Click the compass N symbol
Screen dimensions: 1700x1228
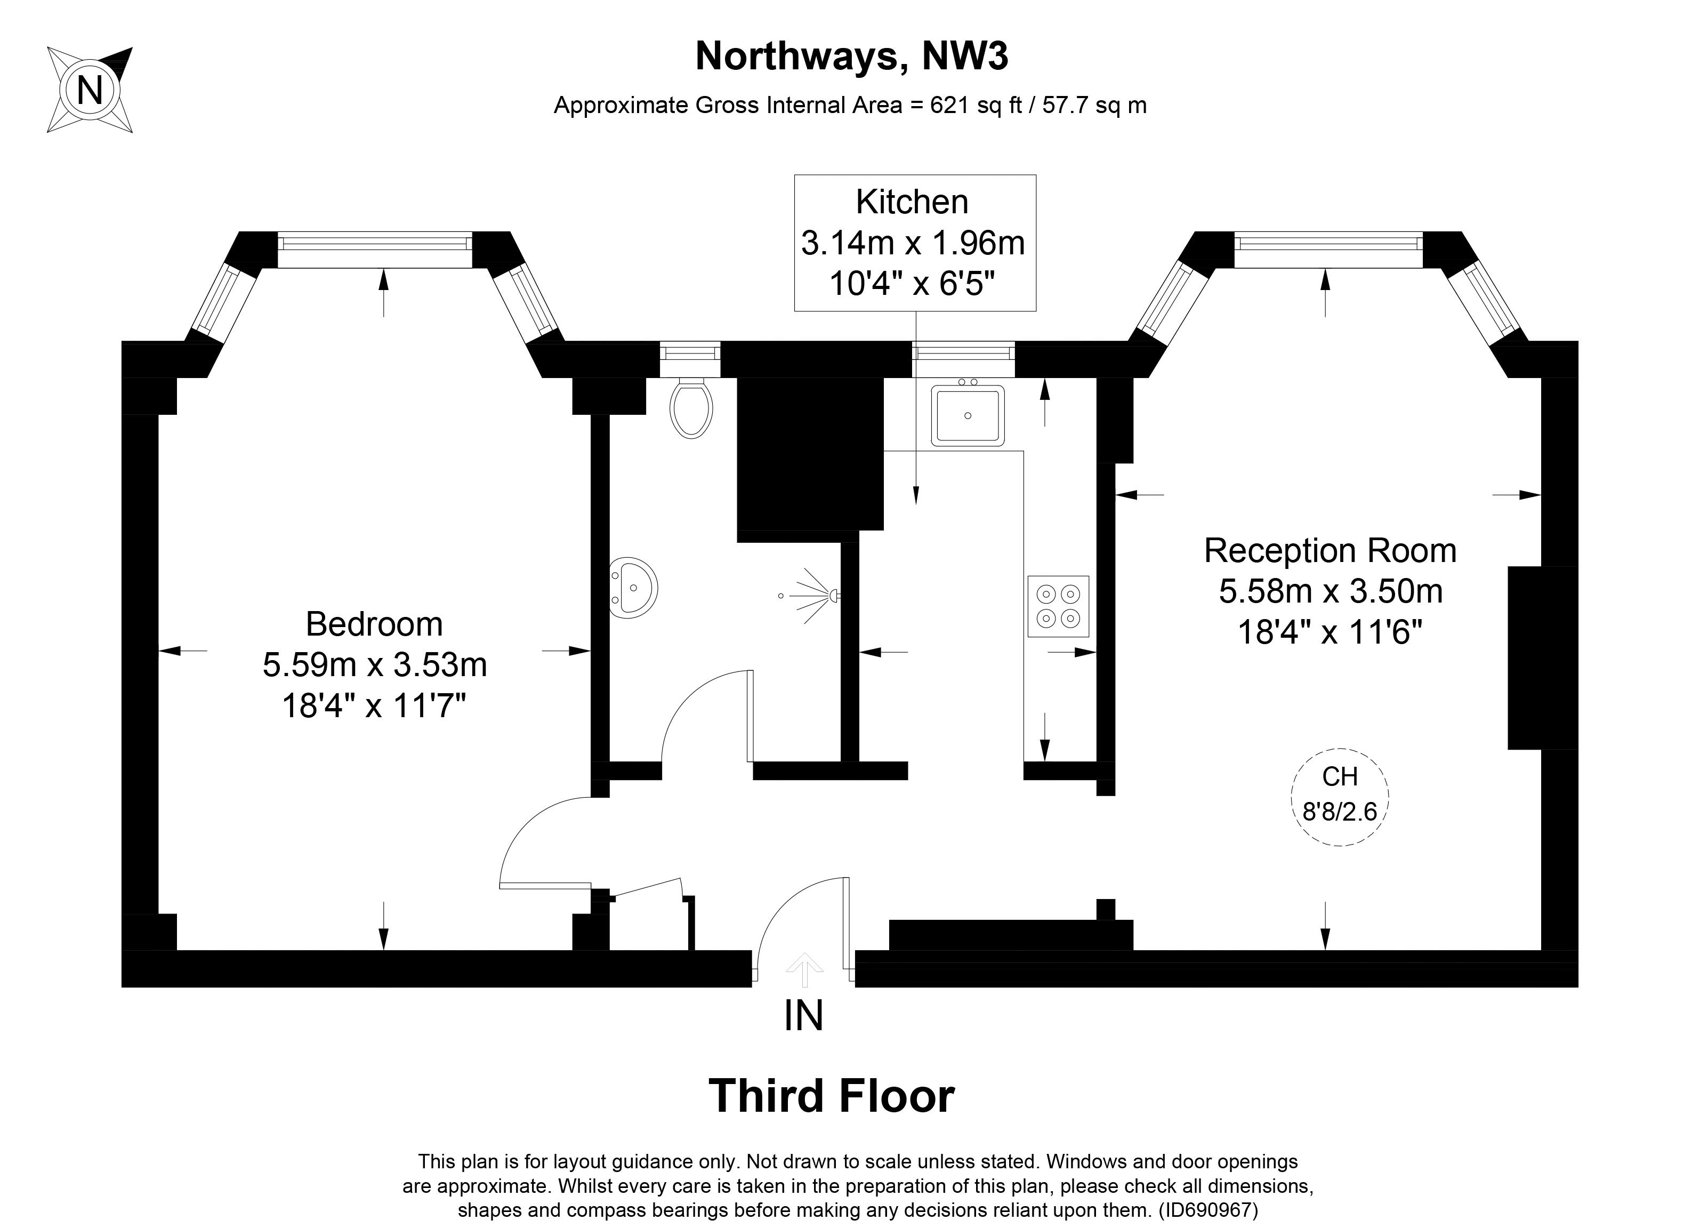point(90,90)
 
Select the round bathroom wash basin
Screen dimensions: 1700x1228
point(633,588)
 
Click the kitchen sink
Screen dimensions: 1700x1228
point(968,415)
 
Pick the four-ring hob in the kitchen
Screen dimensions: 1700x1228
point(1058,606)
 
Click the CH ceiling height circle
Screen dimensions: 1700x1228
point(1340,798)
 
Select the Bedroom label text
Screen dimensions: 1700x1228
point(374,624)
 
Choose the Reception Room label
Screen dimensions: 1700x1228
point(1331,550)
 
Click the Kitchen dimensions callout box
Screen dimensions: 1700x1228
point(915,243)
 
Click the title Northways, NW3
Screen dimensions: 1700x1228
point(851,56)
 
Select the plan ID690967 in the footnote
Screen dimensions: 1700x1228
point(1207,1210)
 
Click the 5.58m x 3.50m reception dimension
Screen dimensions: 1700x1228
point(1331,591)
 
